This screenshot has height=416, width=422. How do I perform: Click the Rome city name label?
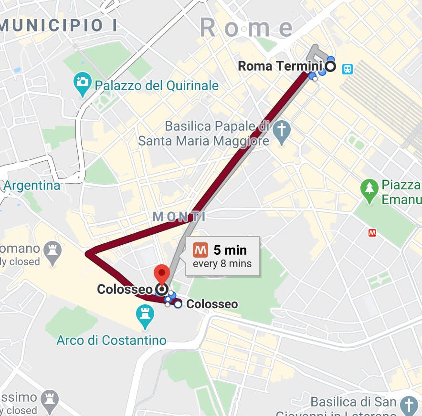click(x=246, y=27)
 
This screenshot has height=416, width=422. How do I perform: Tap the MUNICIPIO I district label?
click(x=58, y=25)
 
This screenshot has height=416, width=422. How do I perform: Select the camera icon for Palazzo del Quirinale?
click(x=83, y=81)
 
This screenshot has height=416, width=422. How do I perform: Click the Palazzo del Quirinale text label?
click(x=157, y=86)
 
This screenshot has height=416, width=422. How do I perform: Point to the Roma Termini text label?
click(x=280, y=66)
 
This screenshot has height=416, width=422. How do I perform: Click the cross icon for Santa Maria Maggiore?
click(x=282, y=129)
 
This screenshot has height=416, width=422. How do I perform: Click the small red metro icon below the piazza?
click(x=372, y=233)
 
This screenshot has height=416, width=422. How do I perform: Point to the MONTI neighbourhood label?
click(x=179, y=217)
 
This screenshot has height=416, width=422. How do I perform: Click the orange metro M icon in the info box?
click(x=200, y=250)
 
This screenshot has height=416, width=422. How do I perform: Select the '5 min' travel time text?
click(x=230, y=250)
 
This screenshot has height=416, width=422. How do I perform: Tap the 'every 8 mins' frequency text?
click(x=222, y=263)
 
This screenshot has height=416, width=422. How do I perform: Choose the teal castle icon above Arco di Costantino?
click(x=145, y=314)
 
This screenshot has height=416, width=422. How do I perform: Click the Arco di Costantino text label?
click(x=111, y=340)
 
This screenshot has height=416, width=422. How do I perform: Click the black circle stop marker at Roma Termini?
click(x=330, y=66)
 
